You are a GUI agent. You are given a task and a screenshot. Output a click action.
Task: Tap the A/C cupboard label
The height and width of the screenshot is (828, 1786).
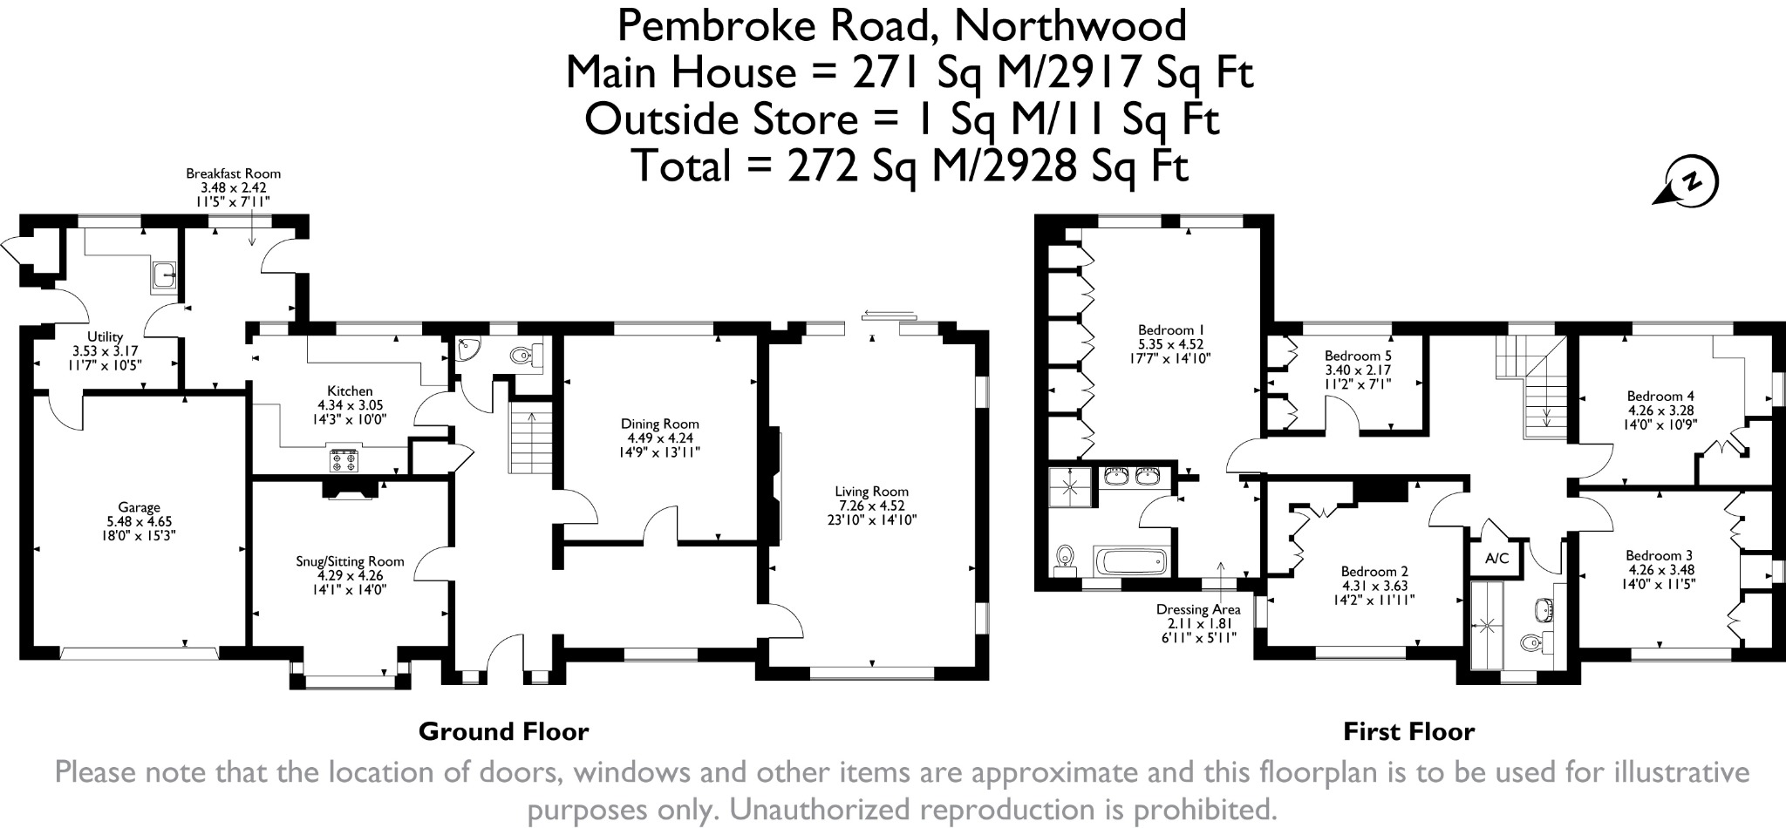tap(1496, 558)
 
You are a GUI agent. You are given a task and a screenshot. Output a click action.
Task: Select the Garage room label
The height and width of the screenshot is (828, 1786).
tap(140, 507)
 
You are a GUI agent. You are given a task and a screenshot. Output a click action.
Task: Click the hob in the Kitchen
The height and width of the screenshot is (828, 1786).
tap(343, 459)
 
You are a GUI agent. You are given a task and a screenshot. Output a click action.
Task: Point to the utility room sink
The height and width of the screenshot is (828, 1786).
tap(162, 275)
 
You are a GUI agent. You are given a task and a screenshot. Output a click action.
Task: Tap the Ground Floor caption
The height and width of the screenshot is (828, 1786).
tap(503, 731)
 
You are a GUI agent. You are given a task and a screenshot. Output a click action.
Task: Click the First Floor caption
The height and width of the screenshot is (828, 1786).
tap(1408, 731)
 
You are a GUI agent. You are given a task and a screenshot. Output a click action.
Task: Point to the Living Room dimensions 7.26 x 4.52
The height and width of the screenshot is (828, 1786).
tap(871, 506)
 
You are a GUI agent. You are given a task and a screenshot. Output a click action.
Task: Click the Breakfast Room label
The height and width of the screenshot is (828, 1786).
tap(234, 173)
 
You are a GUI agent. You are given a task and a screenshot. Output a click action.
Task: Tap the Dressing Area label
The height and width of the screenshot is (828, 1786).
tap(1198, 609)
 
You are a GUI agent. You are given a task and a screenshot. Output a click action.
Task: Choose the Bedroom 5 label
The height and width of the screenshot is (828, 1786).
tap(1358, 356)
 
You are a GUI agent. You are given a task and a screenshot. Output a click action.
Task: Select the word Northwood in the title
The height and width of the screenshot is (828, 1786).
tap(1070, 25)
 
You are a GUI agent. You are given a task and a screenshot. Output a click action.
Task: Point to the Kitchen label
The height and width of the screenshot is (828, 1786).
tap(350, 391)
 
